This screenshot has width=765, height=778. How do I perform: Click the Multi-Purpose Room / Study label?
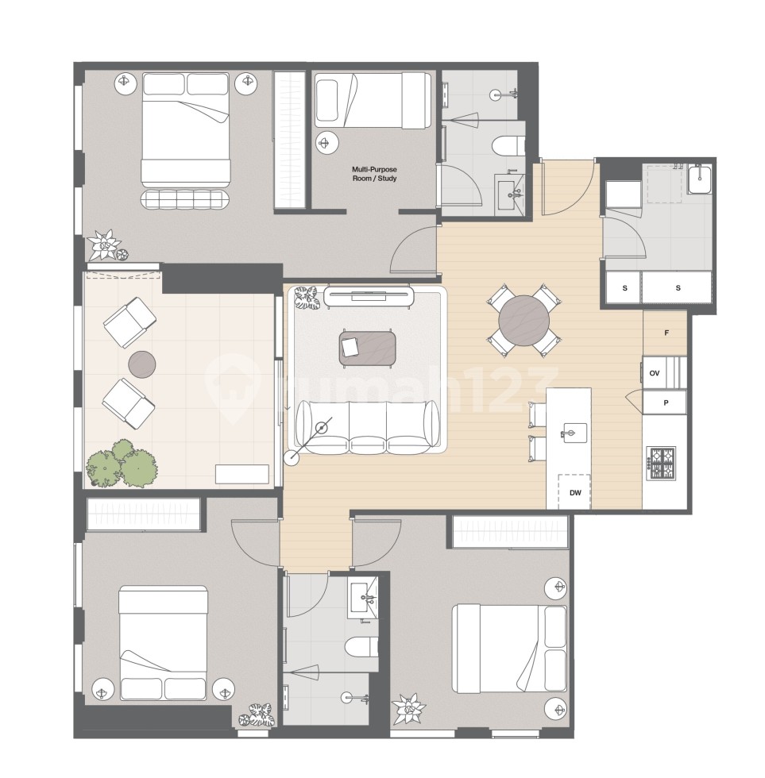[374, 174]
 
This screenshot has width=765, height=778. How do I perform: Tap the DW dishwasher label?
[576, 492]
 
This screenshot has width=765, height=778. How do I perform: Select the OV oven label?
[655, 372]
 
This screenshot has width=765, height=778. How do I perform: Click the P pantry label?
[665, 403]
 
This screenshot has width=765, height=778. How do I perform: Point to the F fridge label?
[665, 334]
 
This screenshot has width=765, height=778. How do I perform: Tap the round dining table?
[523, 320]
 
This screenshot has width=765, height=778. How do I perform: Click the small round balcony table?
[141, 364]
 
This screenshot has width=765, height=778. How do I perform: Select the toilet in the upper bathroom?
[507, 145]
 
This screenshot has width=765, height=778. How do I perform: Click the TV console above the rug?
[369, 297]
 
